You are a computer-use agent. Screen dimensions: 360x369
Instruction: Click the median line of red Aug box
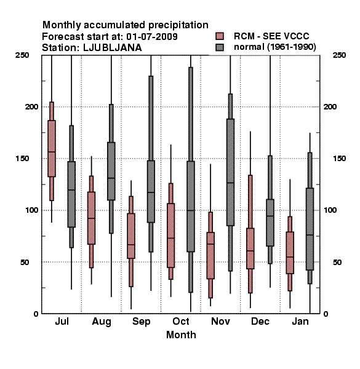click(x=91, y=218)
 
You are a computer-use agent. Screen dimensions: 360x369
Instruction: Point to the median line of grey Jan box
click(x=310, y=235)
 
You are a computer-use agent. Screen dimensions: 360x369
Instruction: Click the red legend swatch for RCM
click(x=220, y=36)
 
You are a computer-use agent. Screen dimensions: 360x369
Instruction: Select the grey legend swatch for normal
click(x=220, y=47)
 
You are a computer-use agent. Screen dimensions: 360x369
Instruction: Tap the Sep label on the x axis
click(x=142, y=322)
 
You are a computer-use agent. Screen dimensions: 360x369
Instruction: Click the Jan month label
click(x=300, y=322)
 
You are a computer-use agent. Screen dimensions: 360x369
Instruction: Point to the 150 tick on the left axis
click(x=22, y=159)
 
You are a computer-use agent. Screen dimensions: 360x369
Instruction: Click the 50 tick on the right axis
click(x=337, y=262)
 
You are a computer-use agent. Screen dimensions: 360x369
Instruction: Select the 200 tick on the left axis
click(x=31, y=106)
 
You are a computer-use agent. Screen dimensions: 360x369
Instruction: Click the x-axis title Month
click(x=181, y=335)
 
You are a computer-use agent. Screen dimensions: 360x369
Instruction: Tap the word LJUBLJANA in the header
click(x=113, y=48)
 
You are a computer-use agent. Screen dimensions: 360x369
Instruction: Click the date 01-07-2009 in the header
click(x=152, y=37)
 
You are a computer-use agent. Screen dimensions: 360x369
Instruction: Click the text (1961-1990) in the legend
click(x=292, y=47)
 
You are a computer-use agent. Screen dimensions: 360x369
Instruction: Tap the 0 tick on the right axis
click(x=326, y=314)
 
